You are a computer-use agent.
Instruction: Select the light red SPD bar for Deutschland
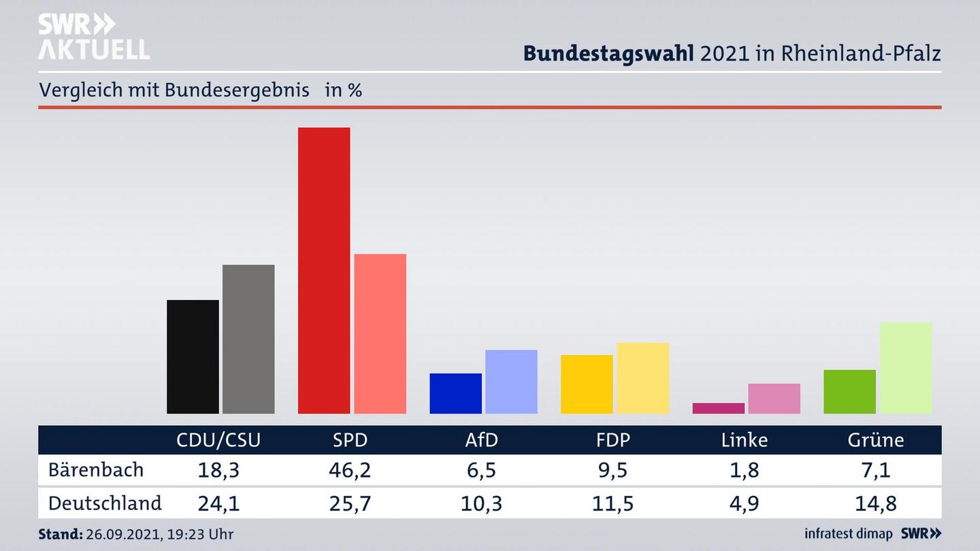(x=380, y=333)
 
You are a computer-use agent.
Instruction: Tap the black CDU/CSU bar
(x=193, y=356)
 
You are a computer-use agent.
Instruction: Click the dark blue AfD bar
(x=455, y=393)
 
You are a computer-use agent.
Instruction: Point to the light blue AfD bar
(x=511, y=382)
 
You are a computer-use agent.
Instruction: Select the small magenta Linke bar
(x=718, y=408)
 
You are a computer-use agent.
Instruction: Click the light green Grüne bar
(x=905, y=367)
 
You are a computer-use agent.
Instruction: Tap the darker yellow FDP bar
(x=587, y=384)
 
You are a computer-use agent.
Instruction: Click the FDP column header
(x=612, y=440)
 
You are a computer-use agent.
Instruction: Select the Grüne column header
(x=875, y=440)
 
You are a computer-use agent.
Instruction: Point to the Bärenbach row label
(x=96, y=470)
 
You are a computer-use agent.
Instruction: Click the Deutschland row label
(x=105, y=503)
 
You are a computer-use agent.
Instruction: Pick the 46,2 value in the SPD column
(x=350, y=470)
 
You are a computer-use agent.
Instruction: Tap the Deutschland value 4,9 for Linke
(x=744, y=503)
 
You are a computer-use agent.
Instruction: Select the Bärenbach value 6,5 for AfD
(x=481, y=470)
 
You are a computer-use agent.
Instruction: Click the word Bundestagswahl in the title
(x=608, y=54)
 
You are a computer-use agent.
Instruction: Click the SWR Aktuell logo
(x=93, y=37)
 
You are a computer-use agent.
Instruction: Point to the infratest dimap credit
(x=848, y=534)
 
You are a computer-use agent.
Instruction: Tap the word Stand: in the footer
(x=60, y=534)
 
